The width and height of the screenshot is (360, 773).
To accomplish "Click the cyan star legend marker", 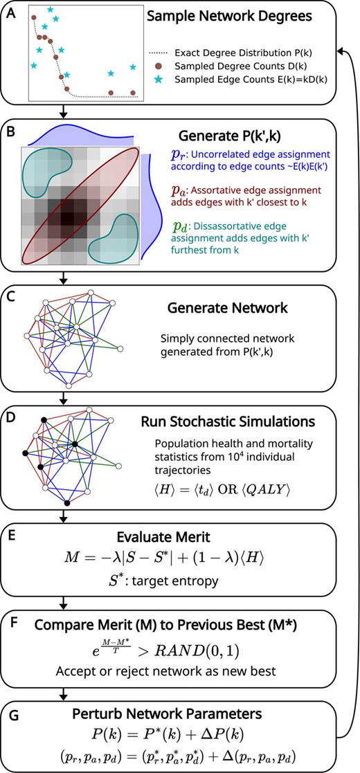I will (157, 79).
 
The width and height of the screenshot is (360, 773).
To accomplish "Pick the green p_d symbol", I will (177, 222).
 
